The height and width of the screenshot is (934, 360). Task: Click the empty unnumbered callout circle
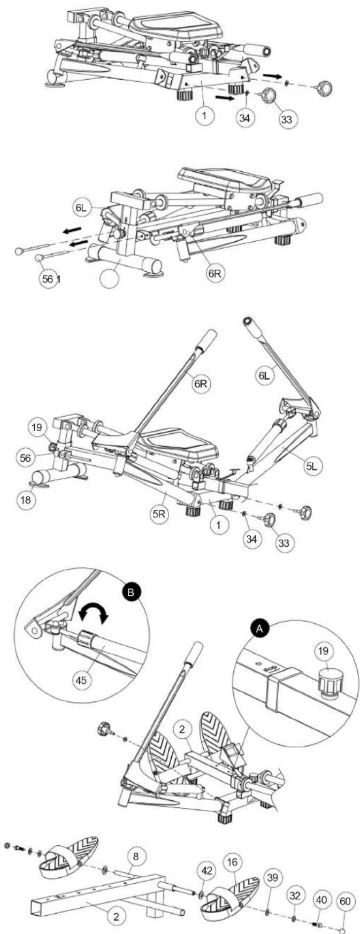click(x=112, y=278)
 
